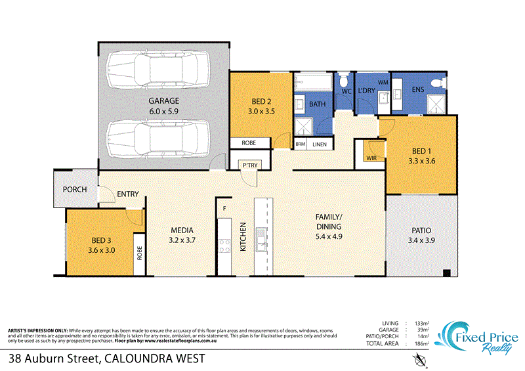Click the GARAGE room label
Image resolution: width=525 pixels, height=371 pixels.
click(x=163, y=101)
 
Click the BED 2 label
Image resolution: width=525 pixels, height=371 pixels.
click(x=261, y=101)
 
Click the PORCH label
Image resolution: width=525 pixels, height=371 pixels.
click(x=75, y=189)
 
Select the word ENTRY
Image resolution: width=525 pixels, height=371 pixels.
click(x=127, y=194)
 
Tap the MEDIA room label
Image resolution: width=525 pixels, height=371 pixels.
click(x=182, y=230)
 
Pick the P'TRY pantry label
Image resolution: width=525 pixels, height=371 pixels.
click(x=249, y=165)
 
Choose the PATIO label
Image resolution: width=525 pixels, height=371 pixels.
click(x=421, y=230)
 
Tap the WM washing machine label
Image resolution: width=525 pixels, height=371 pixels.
click(x=383, y=82)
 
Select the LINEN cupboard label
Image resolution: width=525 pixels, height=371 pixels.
click(x=319, y=144)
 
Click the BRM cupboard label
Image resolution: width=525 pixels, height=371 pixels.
click(x=301, y=144)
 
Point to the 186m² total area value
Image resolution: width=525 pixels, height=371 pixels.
click(x=421, y=343)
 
